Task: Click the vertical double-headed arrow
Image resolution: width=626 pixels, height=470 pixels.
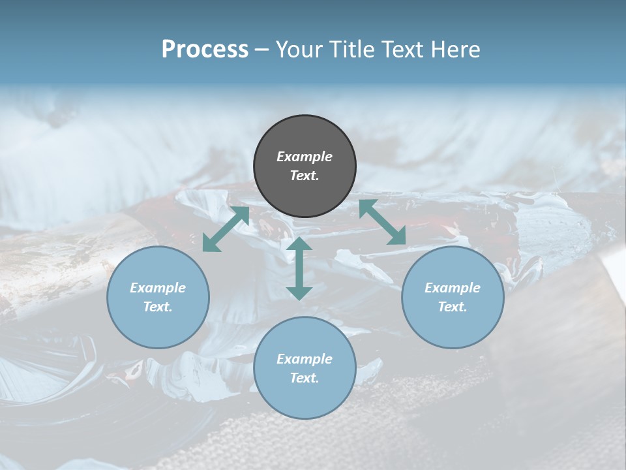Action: point(299,268)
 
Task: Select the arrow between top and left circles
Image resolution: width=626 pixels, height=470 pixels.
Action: point(226,229)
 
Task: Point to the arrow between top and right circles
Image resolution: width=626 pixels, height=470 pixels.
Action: point(383,222)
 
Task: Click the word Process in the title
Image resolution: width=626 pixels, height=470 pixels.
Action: point(205,50)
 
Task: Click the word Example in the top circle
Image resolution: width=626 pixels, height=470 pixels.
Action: point(305,157)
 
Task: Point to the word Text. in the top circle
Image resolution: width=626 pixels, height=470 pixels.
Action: point(305,176)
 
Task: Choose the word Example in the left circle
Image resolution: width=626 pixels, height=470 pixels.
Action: point(158,288)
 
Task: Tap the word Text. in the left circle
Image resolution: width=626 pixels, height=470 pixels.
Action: point(158,307)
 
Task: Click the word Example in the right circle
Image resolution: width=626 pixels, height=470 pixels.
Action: point(453,288)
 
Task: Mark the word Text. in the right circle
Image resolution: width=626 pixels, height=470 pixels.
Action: point(453,307)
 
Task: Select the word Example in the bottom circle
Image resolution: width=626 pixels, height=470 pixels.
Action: point(305,359)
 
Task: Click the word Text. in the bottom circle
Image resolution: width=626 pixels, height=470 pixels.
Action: point(305,378)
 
